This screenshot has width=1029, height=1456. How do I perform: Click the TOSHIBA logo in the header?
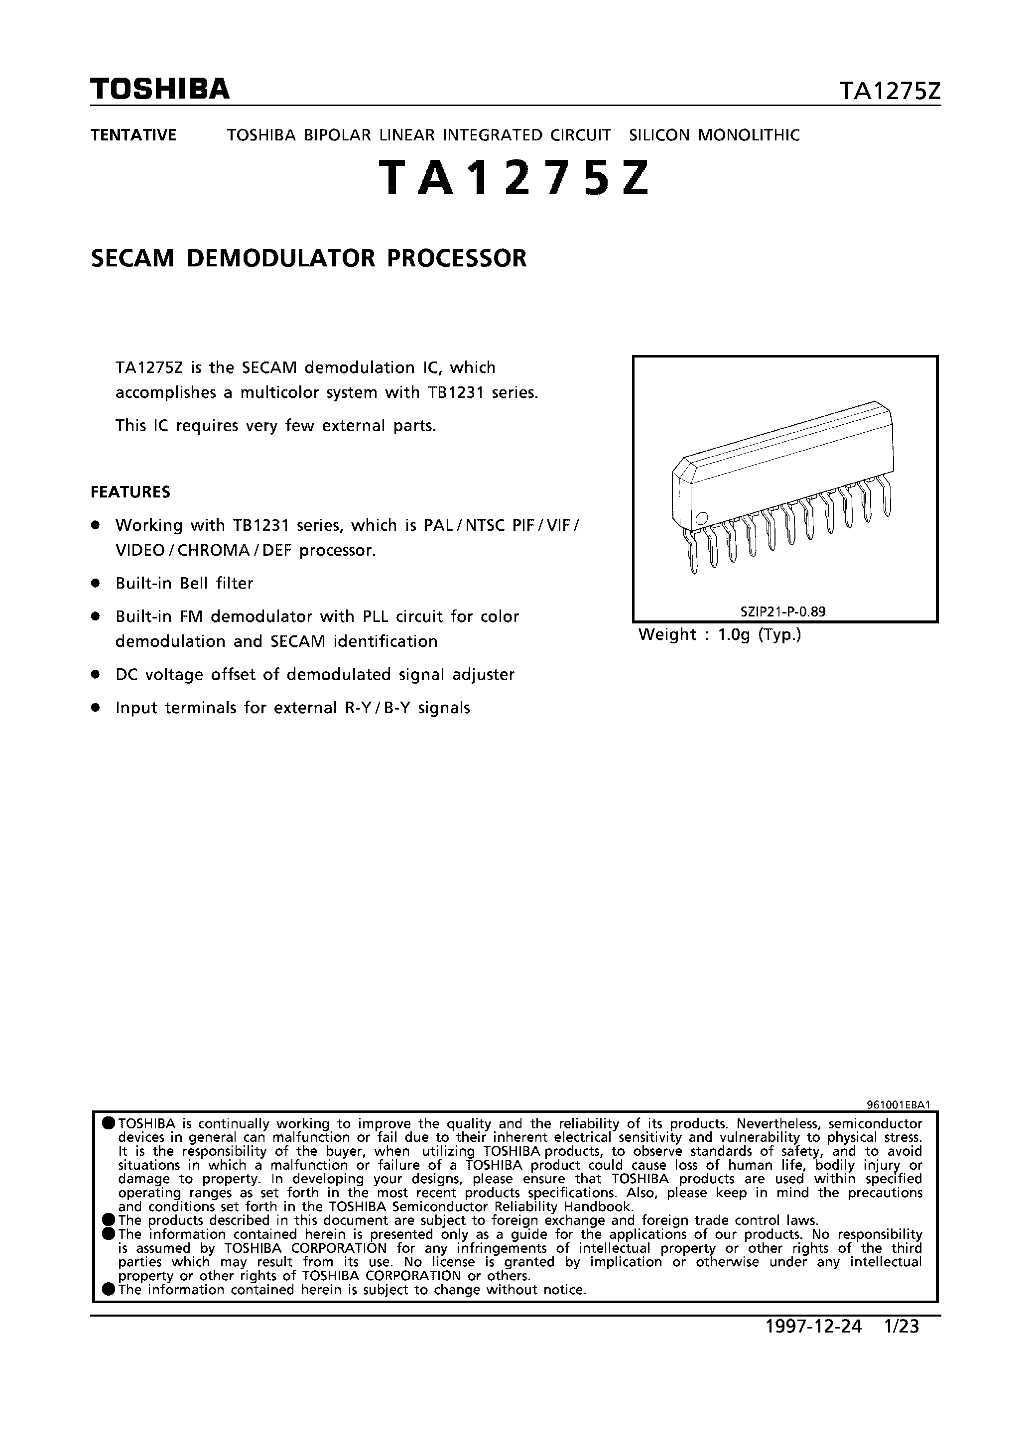click(x=160, y=90)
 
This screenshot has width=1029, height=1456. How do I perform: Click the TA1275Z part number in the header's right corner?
click(x=890, y=92)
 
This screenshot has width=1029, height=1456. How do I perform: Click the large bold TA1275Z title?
click(x=514, y=177)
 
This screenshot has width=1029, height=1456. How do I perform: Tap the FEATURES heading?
click(x=130, y=492)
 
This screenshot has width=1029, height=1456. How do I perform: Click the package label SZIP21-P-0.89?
click(x=783, y=612)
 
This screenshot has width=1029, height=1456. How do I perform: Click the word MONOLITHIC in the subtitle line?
click(x=749, y=135)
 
